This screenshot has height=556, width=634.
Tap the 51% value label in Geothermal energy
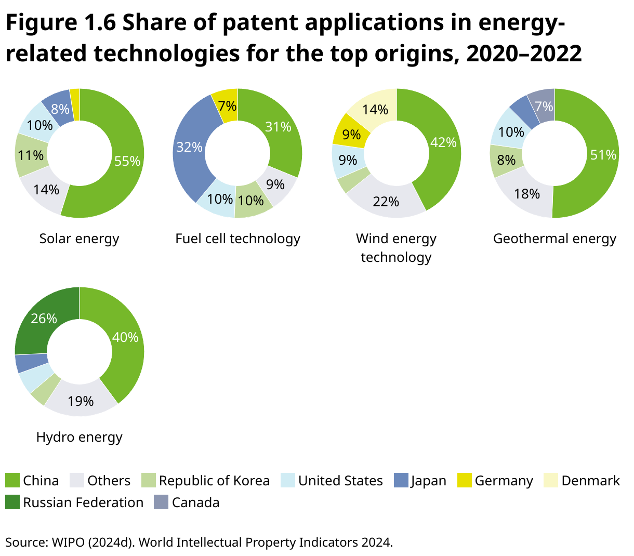(x=603, y=155)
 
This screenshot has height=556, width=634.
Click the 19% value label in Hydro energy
(x=81, y=401)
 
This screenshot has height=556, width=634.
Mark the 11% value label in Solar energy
(x=31, y=155)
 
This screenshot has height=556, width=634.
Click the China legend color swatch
(x=12, y=481)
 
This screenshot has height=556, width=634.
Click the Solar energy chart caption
(x=79, y=239)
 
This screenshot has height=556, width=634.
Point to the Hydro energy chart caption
(x=79, y=437)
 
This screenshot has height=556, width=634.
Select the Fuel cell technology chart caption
(x=237, y=239)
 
